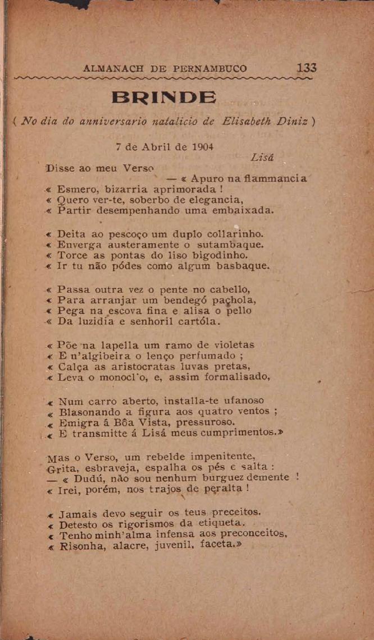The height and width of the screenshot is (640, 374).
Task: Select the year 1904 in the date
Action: [194, 148]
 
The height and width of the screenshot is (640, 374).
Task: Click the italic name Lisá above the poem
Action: [263, 159]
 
